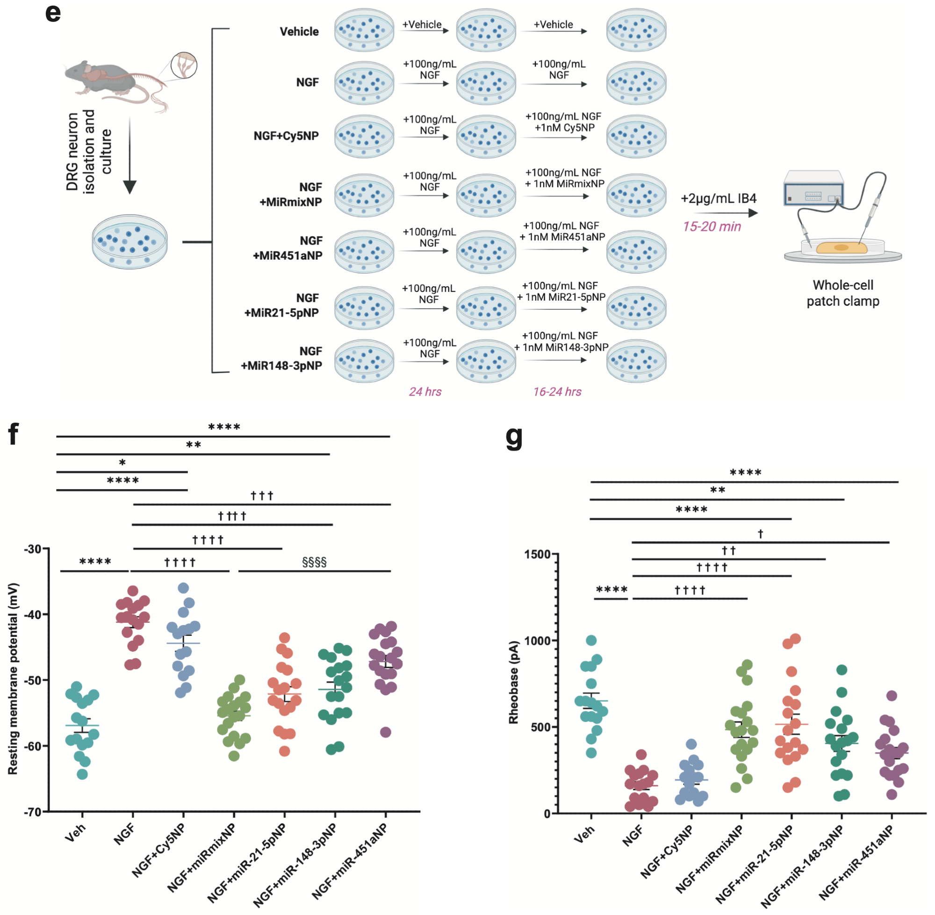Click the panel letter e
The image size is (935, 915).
pos(53,13)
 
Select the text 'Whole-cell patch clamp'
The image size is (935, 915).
pos(842,293)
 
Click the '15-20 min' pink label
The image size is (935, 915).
pos(712,226)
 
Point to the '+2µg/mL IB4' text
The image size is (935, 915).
pos(718,198)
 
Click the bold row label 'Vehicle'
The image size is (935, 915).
pos(299,32)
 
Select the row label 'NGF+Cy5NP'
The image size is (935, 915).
pos(286,136)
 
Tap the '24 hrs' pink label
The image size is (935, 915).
pos(425,392)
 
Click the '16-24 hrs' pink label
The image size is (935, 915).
pos(557,392)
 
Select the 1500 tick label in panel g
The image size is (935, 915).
pos(537,554)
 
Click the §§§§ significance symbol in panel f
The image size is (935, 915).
pos(314,562)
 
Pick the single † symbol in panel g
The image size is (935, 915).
pos(760,534)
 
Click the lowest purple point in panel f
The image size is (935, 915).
pos(385,732)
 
